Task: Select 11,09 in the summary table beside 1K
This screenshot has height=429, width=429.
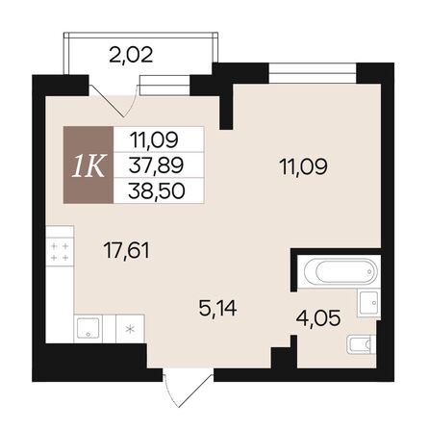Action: (156, 139)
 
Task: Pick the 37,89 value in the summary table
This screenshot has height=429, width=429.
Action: (156, 164)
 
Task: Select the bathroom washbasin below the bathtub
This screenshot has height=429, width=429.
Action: (368, 301)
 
